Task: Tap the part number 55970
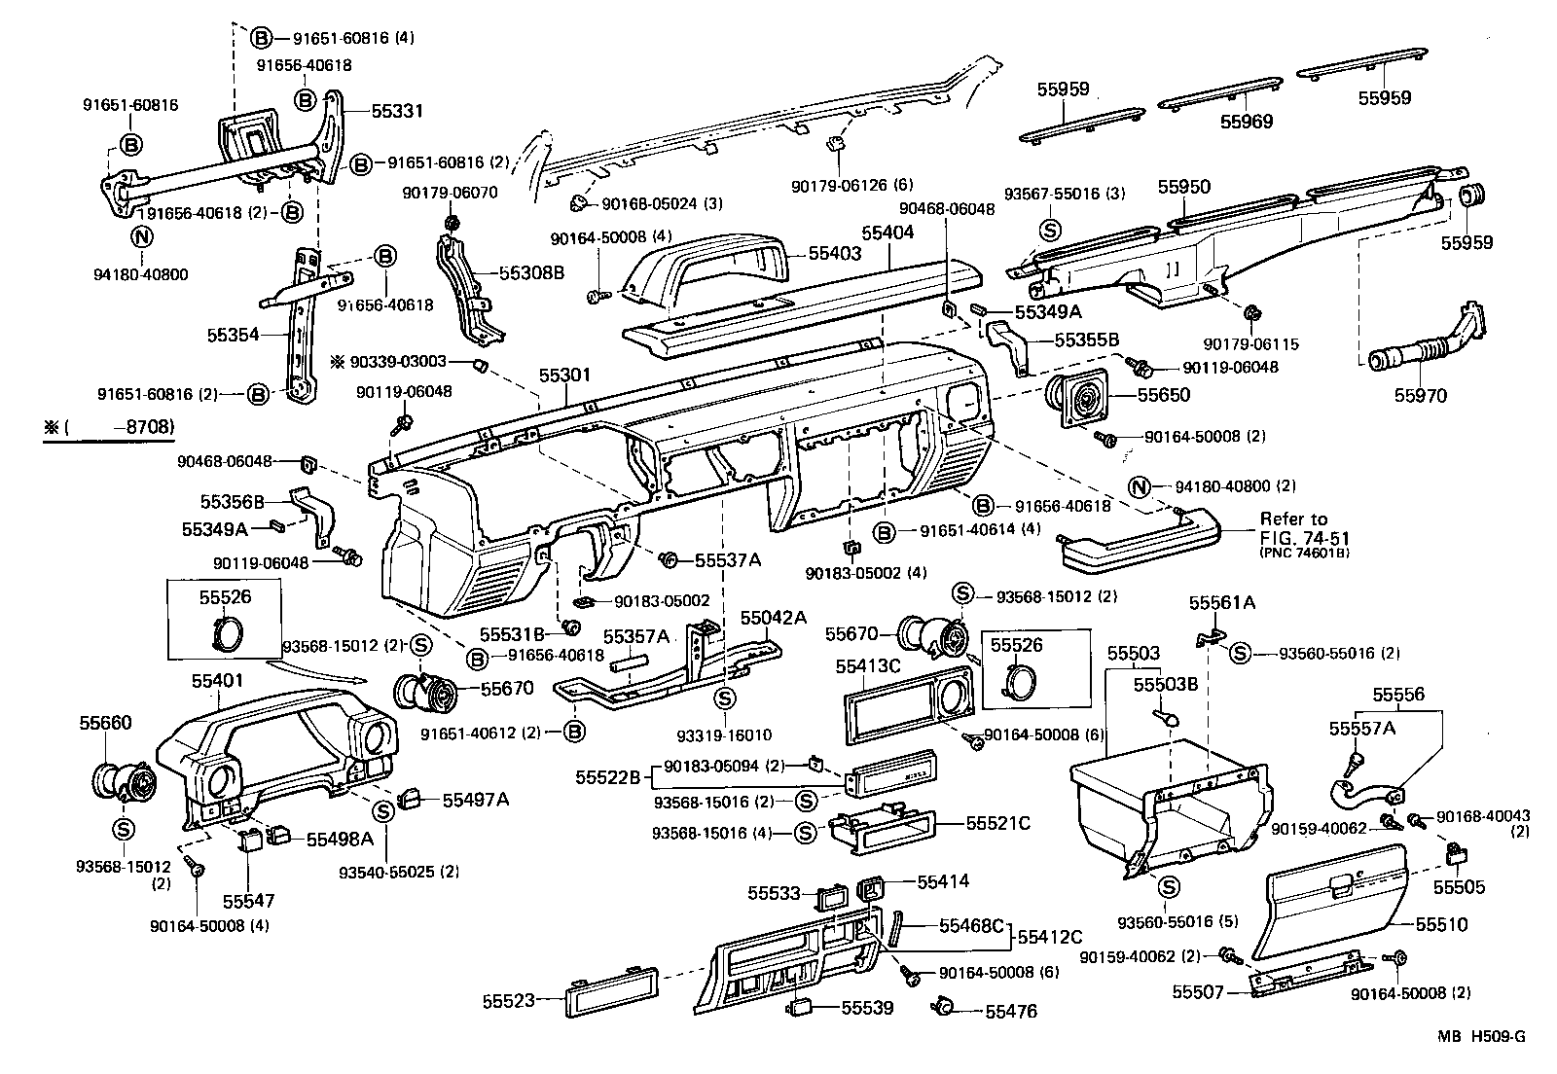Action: point(1420,396)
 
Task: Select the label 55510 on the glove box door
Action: point(1441,924)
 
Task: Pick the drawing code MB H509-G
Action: point(1482,1037)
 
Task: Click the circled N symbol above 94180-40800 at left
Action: point(141,236)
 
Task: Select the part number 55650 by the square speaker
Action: point(1165,395)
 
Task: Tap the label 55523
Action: point(508,1001)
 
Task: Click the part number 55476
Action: point(1010,1012)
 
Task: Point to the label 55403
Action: point(835,253)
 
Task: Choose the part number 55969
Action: point(1248,123)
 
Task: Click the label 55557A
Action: point(1361,728)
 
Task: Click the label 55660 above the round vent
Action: point(105,723)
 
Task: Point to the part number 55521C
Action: point(997,824)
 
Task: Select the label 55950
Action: point(1184,186)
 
